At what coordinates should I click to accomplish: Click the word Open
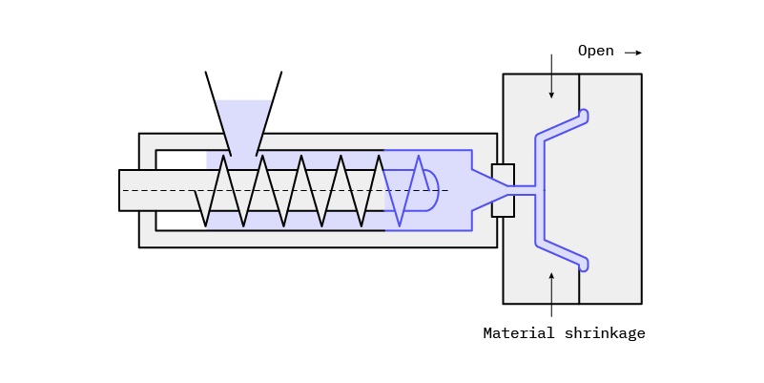pyautogui.click(x=595, y=51)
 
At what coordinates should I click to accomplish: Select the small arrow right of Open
pyautogui.click(x=633, y=53)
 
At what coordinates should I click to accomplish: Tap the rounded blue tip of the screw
pyautogui.click(x=430, y=190)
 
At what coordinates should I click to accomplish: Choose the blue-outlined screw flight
pyautogui.click(x=400, y=190)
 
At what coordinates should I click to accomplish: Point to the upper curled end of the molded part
pyautogui.click(x=583, y=116)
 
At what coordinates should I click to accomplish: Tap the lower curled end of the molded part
pyautogui.click(x=583, y=264)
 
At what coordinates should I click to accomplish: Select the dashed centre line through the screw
pyautogui.click(x=286, y=190)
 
